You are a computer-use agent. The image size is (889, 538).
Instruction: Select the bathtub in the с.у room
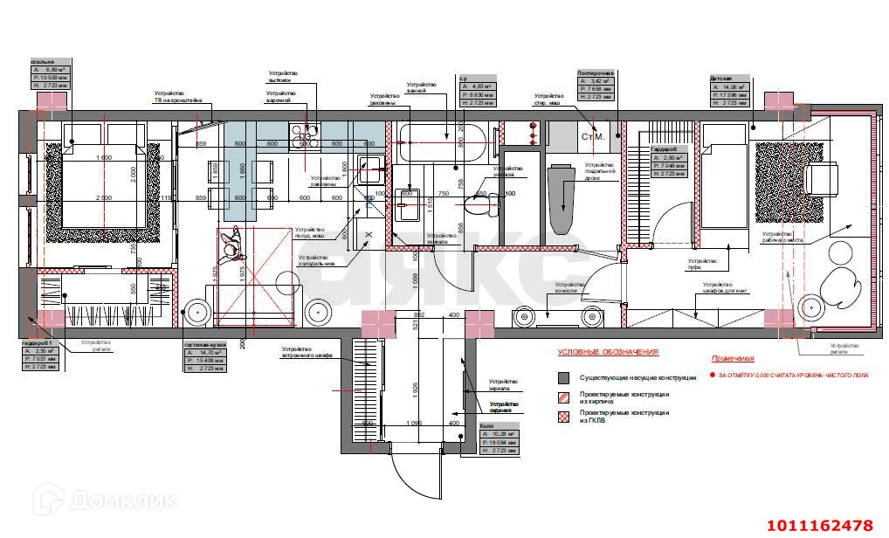click(442, 141)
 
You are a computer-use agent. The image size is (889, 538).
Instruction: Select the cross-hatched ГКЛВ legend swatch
click(565, 415)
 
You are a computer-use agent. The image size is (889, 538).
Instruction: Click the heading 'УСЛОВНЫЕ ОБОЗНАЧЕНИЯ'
click(609, 353)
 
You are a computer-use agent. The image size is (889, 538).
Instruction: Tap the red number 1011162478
click(820, 526)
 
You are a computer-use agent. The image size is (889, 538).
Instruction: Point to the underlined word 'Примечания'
click(732, 359)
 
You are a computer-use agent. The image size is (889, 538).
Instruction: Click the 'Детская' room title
click(720, 78)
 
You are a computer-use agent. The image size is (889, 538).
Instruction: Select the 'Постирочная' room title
click(596, 73)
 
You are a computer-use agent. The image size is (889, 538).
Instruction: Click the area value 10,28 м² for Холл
click(501, 434)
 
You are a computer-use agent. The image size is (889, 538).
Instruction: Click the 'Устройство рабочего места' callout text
click(782, 237)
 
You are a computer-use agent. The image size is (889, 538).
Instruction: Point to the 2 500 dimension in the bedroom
click(103, 197)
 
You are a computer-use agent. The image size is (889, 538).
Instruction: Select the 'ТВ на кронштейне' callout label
click(179, 100)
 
